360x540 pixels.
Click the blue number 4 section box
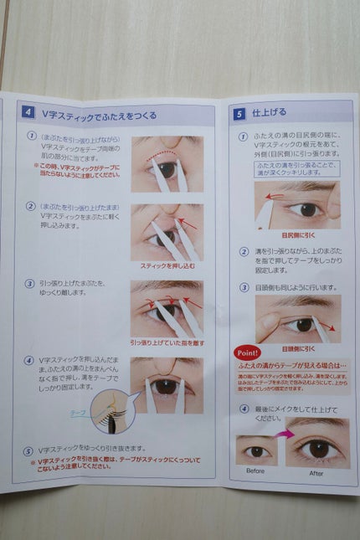point(29,111)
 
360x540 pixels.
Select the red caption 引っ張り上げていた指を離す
point(167,342)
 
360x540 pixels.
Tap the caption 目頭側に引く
point(296,347)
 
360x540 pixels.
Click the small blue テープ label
point(76,412)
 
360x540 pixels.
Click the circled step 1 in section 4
point(31,136)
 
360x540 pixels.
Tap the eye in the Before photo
point(256,451)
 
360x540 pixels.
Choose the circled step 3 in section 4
point(30,284)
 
